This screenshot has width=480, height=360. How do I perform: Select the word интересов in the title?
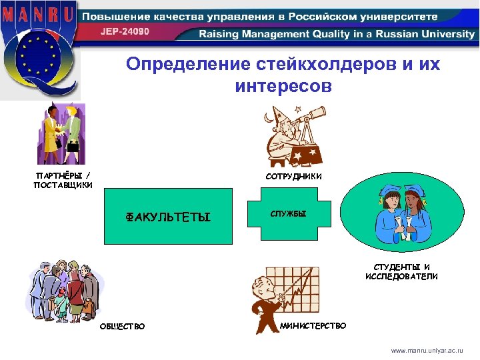[x=283, y=87]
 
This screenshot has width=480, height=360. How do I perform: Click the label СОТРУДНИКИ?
[x=293, y=177]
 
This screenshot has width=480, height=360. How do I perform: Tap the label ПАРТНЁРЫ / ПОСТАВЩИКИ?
[x=63, y=181]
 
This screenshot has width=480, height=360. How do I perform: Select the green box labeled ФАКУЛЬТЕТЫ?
[x=168, y=217]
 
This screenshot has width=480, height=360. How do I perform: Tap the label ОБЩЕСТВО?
[x=122, y=326]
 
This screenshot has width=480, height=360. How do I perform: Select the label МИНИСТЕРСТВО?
[x=313, y=325]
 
